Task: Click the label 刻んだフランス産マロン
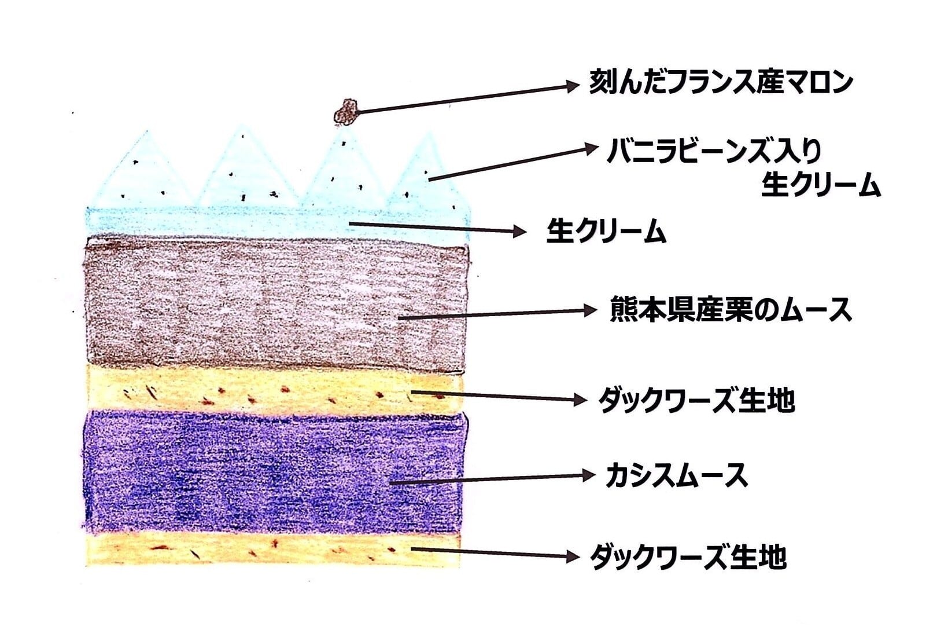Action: pyautogui.click(x=721, y=82)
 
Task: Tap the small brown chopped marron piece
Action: pyautogui.click(x=347, y=112)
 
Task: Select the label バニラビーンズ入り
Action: pyautogui.click(x=714, y=152)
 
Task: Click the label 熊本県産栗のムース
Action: pyautogui.click(x=731, y=310)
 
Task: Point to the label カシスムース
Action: pyautogui.click(x=676, y=476)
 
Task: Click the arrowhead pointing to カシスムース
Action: pyautogui.click(x=588, y=476)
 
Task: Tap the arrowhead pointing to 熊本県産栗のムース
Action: pyautogui.click(x=589, y=310)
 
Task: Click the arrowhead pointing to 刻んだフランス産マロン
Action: pyautogui.click(x=572, y=86)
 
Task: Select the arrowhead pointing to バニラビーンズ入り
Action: pyautogui.click(x=591, y=148)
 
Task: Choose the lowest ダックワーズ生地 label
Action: pyautogui.click(x=688, y=557)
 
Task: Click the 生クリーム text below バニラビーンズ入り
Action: pyautogui.click(x=820, y=185)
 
